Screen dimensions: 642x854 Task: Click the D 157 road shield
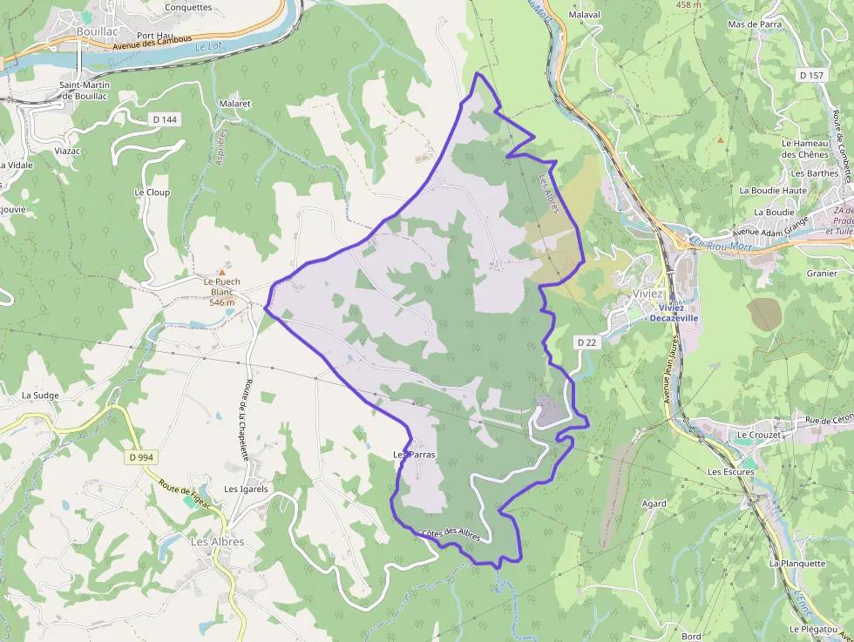(810, 76)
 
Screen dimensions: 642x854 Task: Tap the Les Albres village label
(217, 542)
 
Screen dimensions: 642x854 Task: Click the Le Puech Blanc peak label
(221, 282)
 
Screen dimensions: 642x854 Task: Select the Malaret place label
(235, 104)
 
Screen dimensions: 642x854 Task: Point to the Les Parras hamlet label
(414, 455)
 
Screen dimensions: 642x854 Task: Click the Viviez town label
(647, 294)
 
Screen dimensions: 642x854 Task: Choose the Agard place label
(654, 503)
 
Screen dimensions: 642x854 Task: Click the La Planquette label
(796, 563)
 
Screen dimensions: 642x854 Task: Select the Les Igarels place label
(246, 489)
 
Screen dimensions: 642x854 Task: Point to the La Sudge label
(39, 395)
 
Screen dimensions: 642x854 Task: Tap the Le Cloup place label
(152, 193)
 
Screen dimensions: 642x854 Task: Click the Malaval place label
(584, 15)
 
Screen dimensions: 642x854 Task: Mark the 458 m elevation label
(688, 4)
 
